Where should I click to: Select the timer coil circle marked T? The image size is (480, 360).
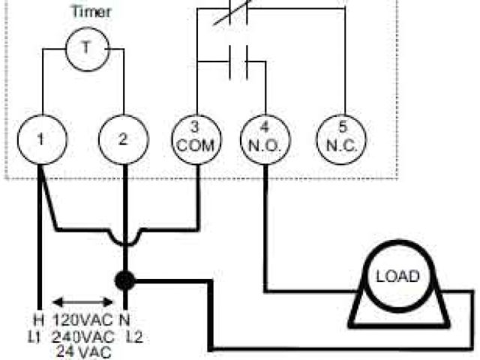(x=84, y=47)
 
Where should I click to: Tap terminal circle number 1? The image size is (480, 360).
(x=42, y=139)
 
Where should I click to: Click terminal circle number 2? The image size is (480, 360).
(x=124, y=139)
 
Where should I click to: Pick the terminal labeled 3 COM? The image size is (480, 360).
(x=196, y=139)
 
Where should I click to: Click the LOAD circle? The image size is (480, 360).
(x=397, y=275)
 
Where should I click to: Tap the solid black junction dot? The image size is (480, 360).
(x=124, y=281)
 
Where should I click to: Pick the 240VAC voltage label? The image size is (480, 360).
(x=82, y=335)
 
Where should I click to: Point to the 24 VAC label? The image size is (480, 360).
(x=82, y=349)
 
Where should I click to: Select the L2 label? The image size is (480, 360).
(x=135, y=335)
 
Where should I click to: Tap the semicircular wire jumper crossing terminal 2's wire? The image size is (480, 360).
(x=124, y=238)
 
